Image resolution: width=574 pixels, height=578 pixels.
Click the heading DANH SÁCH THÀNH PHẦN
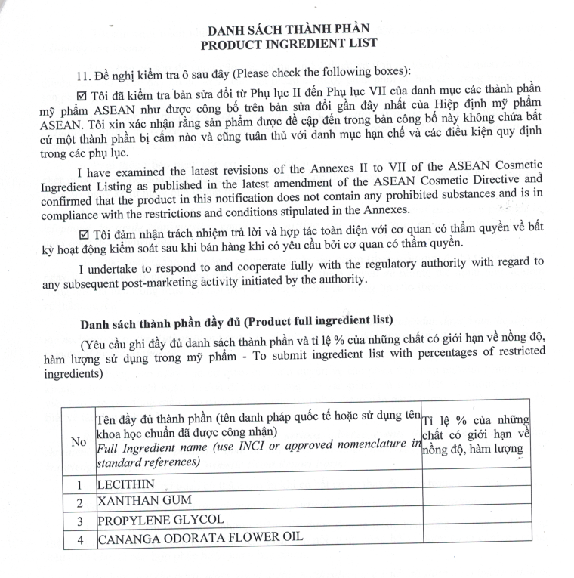[289, 31]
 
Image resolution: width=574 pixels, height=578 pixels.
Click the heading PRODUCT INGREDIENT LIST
[289, 45]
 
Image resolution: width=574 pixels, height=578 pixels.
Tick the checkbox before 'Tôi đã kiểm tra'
[83, 95]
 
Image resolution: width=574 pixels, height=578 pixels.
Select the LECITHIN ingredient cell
[126, 484]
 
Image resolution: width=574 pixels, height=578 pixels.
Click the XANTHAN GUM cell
[144, 500]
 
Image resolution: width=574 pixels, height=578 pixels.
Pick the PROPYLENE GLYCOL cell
[160, 520]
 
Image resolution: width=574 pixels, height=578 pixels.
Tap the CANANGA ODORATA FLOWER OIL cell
[200, 537]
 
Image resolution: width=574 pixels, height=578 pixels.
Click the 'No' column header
[79, 442]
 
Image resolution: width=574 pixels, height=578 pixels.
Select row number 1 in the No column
[79, 484]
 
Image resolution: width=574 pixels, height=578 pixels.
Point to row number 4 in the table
[79, 539]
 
